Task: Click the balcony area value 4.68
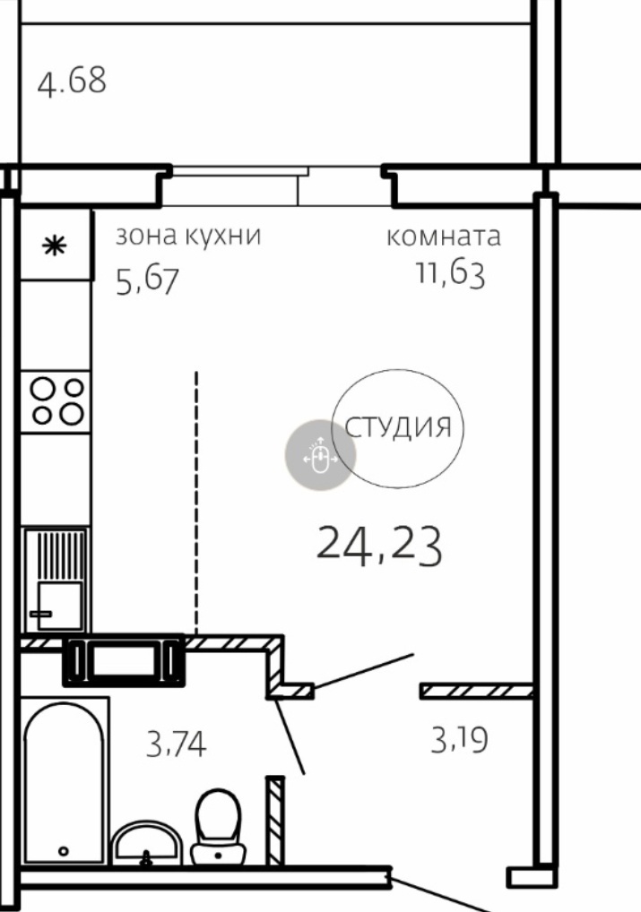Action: point(72,82)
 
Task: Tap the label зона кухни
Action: point(188,236)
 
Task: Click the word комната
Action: point(444,237)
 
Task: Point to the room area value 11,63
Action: point(450,273)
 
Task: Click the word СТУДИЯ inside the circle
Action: point(398,427)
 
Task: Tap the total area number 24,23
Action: point(379,545)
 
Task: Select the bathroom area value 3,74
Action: point(176,744)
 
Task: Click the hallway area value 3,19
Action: point(459,740)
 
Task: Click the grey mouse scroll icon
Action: point(320,455)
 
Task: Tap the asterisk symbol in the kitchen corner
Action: point(55,246)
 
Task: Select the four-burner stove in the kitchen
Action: point(56,402)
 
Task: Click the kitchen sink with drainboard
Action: point(56,580)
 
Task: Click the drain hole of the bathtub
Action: point(64,851)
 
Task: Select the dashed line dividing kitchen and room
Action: point(196,503)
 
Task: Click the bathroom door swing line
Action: point(290,736)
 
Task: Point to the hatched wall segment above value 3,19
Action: point(476,691)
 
